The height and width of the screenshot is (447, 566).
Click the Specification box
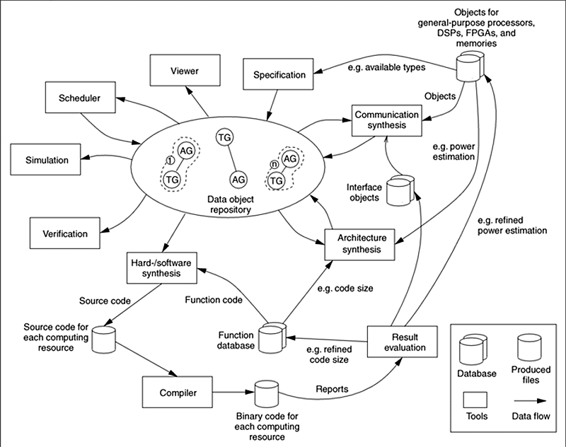click(279, 74)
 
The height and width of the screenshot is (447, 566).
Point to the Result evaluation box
click(399, 341)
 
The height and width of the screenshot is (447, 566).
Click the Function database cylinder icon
click(272, 338)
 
